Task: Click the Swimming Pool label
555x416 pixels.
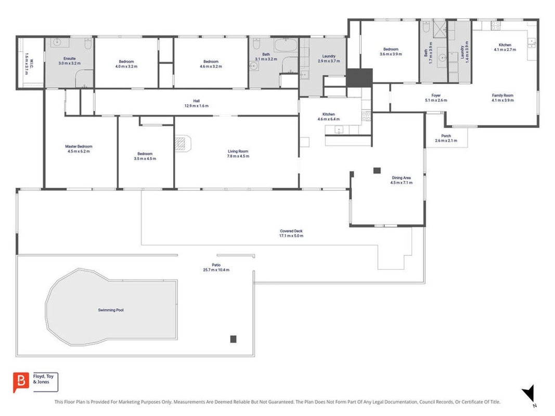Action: [x=111, y=310]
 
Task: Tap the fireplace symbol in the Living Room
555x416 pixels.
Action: [x=182, y=144]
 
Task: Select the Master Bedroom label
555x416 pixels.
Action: [x=79, y=147]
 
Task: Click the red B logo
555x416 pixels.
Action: [x=21, y=382]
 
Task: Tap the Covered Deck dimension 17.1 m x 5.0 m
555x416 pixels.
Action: [x=291, y=236]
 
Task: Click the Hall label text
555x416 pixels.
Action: [x=197, y=101]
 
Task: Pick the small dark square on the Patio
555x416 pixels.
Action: [x=233, y=339]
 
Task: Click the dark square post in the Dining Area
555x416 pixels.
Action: [x=377, y=171]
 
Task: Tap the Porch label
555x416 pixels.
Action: [x=446, y=136]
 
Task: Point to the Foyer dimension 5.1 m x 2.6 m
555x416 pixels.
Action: [x=436, y=100]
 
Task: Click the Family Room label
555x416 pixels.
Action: [x=502, y=96]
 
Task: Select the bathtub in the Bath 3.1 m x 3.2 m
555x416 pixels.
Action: [x=286, y=46]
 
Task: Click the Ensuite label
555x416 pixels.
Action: [x=69, y=58]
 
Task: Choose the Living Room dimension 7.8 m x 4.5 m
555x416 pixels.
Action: [x=238, y=156]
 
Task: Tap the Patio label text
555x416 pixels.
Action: [x=216, y=265]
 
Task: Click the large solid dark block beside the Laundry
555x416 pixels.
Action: [x=359, y=78]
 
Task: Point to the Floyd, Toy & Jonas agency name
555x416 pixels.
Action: [x=43, y=379]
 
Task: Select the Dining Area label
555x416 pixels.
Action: [x=402, y=178]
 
